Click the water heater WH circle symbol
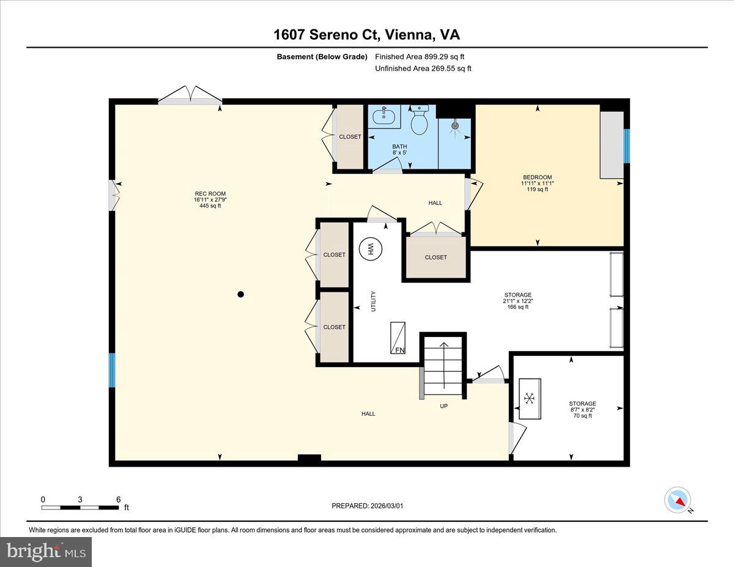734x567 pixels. (x=369, y=248)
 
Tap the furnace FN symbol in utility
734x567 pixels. (x=398, y=337)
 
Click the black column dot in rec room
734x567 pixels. (x=240, y=294)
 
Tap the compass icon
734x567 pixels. (x=677, y=500)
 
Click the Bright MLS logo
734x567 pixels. (x=46, y=552)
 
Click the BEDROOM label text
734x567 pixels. (x=538, y=177)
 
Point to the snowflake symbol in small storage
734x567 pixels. (x=530, y=399)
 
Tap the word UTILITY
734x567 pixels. (x=373, y=302)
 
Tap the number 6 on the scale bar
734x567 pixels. (x=118, y=499)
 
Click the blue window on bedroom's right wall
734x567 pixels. (x=626, y=146)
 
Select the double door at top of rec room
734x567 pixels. (x=190, y=97)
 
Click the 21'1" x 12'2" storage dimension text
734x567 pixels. (x=517, y=301)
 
